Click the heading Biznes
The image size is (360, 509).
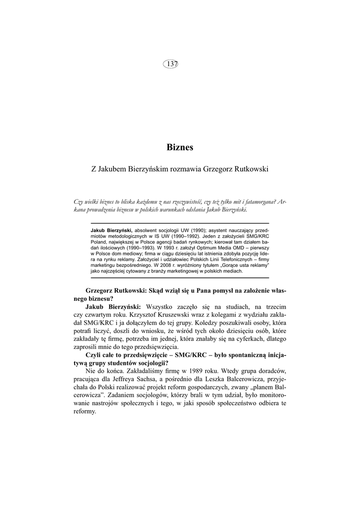click(x=180, y=147)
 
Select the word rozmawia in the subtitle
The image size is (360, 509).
click(x=183, y=169)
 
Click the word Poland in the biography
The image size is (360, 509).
click(x=99, y=242)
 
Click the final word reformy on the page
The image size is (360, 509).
click(x=85, y=412)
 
